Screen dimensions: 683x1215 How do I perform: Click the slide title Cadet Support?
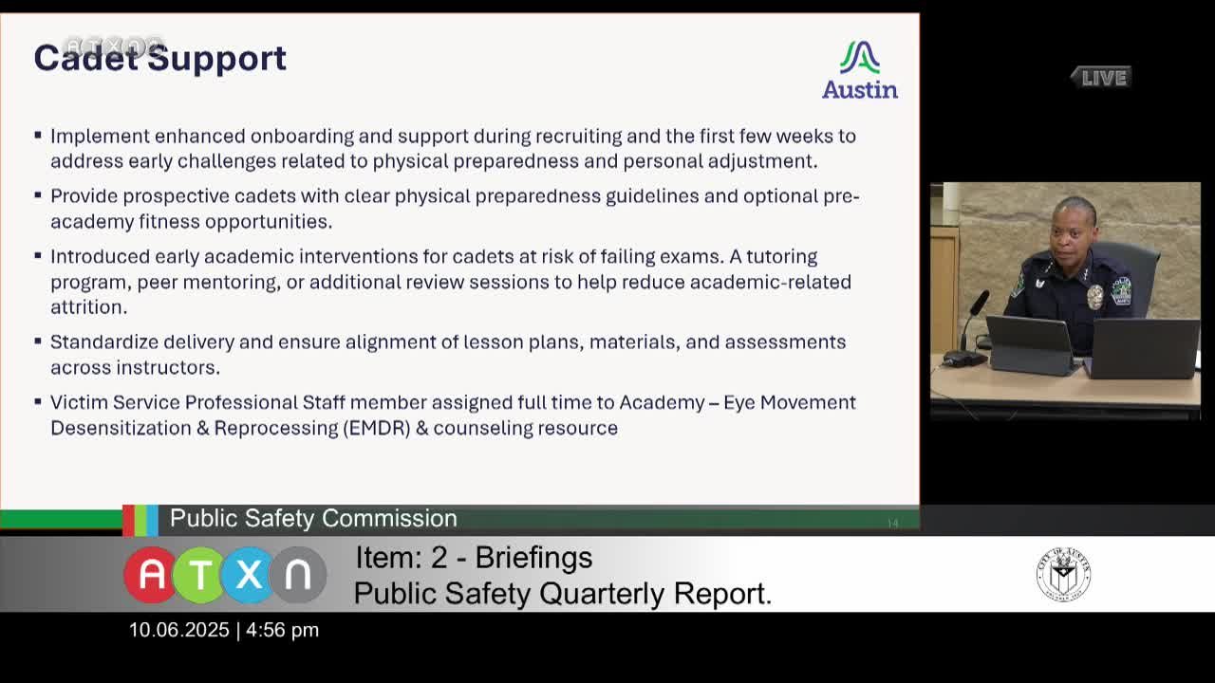(x=159, y=58)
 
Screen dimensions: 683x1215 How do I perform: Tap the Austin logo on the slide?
(x=860, y=70)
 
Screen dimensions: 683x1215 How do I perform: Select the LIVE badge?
(x=1102, y=78)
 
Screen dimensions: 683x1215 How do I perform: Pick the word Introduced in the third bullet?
(x=100, y=256)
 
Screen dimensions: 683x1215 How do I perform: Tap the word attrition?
(x=87, y=307)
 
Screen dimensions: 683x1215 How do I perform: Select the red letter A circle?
(x=151, y=575)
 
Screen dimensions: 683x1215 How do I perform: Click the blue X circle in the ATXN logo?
(x=249, y=575)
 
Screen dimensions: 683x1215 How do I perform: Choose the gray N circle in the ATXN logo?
(x=298, y=575)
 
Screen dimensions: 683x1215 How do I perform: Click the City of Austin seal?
(x=1063, y=574)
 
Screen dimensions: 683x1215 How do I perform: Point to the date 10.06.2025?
(x=179, y=630)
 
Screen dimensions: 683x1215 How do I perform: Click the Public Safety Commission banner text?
(x=313, y=518)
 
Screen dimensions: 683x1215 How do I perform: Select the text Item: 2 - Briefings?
(x=474, y=558)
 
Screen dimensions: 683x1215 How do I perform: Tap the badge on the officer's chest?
(x=1094, y=297)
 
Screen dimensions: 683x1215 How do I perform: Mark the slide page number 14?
(x=892, y=523)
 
